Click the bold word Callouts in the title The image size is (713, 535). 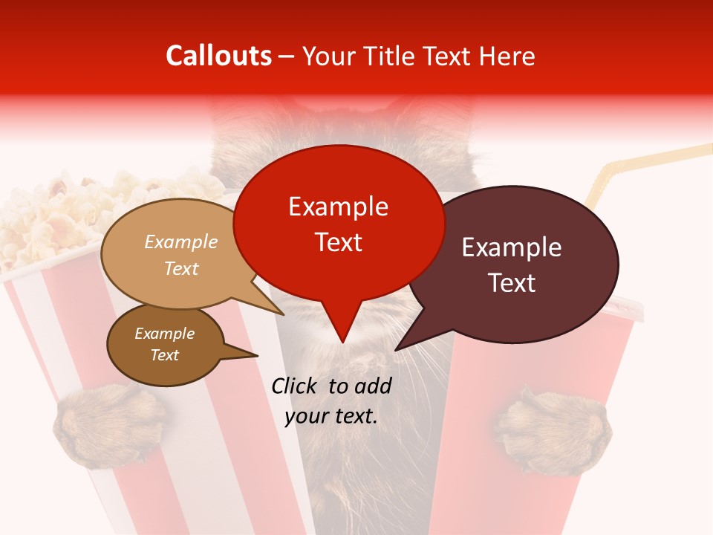tap(218, 56)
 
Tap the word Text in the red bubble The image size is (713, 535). tap(338, 241)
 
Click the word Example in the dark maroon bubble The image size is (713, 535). tap(512, 247)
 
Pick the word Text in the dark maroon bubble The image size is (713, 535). tap(512, 282)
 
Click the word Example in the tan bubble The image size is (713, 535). tap(181, 241)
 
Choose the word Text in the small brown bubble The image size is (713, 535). tap(164, 355)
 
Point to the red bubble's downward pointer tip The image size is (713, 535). tap(342, 342)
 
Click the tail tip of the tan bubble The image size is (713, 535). tap(284, 314)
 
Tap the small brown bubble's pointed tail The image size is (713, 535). tap(257, 355)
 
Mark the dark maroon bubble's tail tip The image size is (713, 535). tap(396, 349)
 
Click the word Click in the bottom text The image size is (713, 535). tap(295, 386)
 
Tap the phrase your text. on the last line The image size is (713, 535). tap(331, 416)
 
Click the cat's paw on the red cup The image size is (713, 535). tap(553, 431)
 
